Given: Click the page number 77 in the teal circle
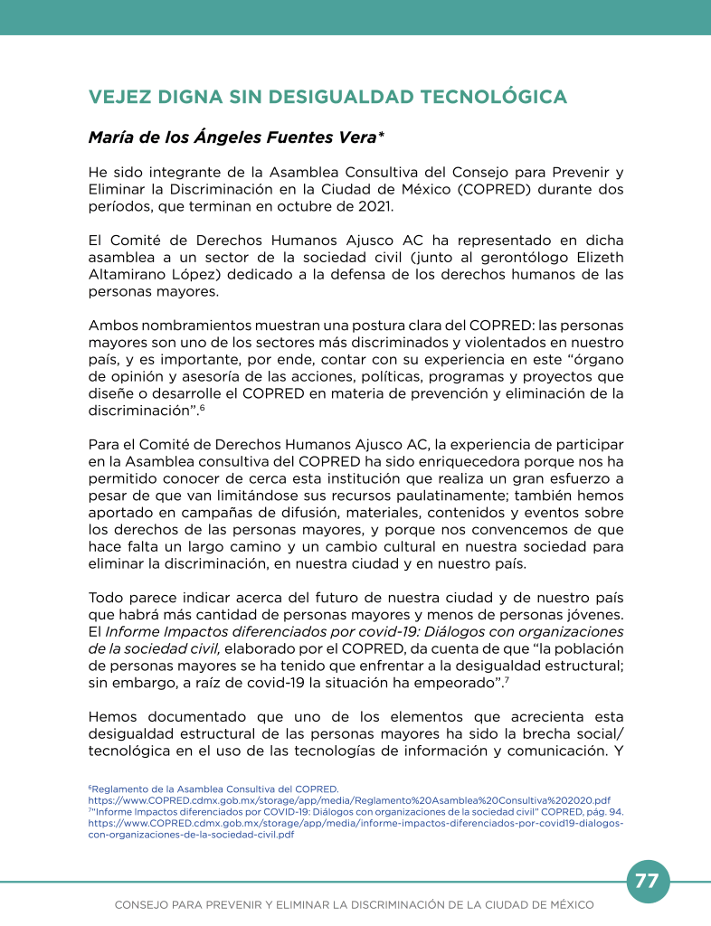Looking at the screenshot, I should pos(647,881).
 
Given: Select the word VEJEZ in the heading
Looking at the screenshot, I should pos(118,98).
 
